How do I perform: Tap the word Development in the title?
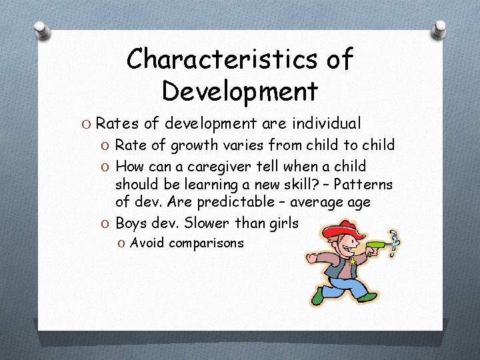[239, 89]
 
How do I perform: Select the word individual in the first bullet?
[325, 123]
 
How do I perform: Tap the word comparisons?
[206, 243]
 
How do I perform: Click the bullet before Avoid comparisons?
[121, 243]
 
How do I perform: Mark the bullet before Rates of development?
[87, 124]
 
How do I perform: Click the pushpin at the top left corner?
[41, 30]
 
